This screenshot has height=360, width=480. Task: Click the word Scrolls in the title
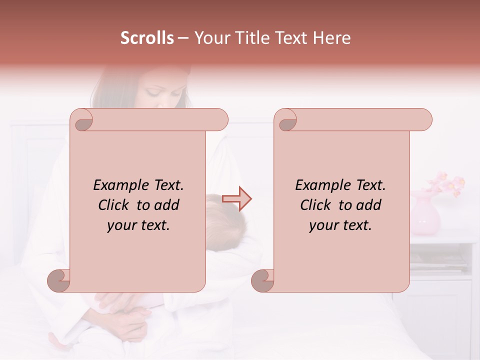point(147,38)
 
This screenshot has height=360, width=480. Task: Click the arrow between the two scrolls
point(237,198)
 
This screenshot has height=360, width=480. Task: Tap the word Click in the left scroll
point(114,205)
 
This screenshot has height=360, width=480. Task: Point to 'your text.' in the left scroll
point(138,225)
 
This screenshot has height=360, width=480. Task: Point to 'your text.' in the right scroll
point(340,225)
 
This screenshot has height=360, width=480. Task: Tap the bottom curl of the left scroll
point(59,280)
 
